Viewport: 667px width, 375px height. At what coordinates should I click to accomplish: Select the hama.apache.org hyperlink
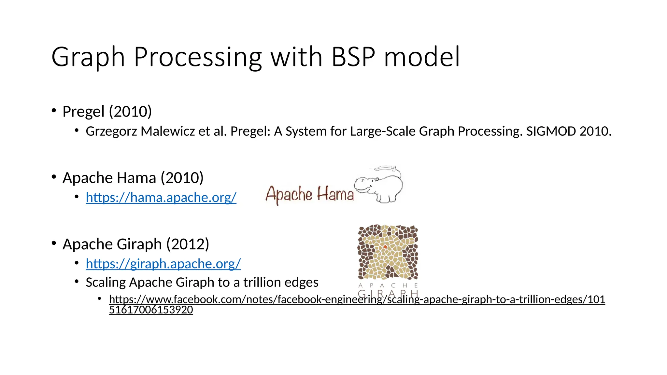pos(161,197)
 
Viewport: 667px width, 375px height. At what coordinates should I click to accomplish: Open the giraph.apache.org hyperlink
pos(163,264)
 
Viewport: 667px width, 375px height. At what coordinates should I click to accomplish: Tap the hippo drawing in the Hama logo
pos(379,186)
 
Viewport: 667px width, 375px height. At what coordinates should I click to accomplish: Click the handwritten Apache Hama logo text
pos(309,194)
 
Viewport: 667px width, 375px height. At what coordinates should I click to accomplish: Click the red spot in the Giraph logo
pos(385,247)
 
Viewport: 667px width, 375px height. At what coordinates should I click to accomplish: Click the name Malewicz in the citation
pos(168,131)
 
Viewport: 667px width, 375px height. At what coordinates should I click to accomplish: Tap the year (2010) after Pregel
pos(130,112)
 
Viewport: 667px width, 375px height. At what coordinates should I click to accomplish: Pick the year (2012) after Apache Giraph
pos(188,244)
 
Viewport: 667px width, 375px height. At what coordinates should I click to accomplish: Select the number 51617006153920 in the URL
pos(151,310)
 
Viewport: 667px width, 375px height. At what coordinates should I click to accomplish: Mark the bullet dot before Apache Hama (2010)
pos(54,177)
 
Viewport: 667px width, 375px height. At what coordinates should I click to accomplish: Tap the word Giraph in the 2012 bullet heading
pos(139,244)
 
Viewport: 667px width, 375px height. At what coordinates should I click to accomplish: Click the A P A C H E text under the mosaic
pos(388,285)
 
